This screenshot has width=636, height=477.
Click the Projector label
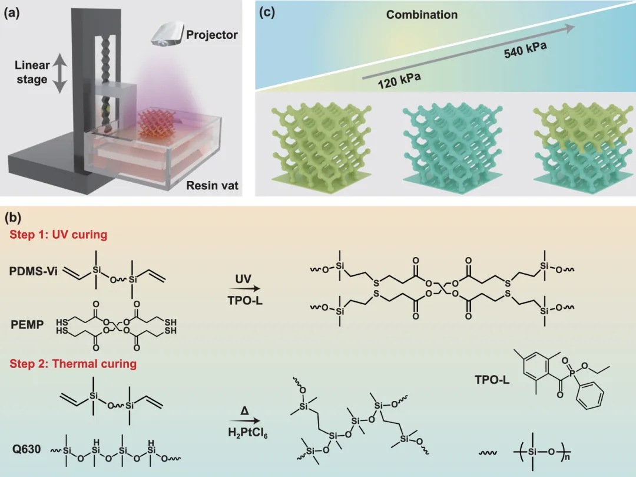212,35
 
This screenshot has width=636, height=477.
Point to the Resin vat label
212,186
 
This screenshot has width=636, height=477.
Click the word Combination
422,15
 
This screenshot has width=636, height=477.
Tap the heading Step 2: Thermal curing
73,363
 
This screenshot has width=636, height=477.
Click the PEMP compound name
26,325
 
